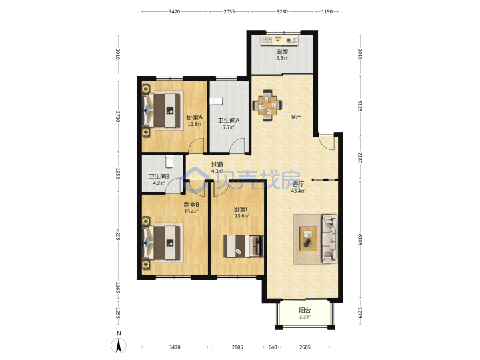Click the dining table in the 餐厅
[267, 105]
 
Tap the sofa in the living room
[329, 239]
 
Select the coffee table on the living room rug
[308, 239]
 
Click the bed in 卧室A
[161, 111]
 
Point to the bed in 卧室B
[161, 243]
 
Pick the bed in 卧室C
[244, 246]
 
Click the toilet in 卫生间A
[216, 101]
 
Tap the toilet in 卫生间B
[169, 161]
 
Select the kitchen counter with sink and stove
[279, 41]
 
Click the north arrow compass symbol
[119, 344]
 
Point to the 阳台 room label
[305, 310]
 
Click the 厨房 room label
[282, 51]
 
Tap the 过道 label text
[217, 165]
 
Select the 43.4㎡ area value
[298, 191]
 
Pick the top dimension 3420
[174, 11]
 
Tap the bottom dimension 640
[273, 347]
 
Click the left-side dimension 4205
[118, 235]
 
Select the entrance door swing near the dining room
[326, 142]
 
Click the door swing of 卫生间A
[237, 145]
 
